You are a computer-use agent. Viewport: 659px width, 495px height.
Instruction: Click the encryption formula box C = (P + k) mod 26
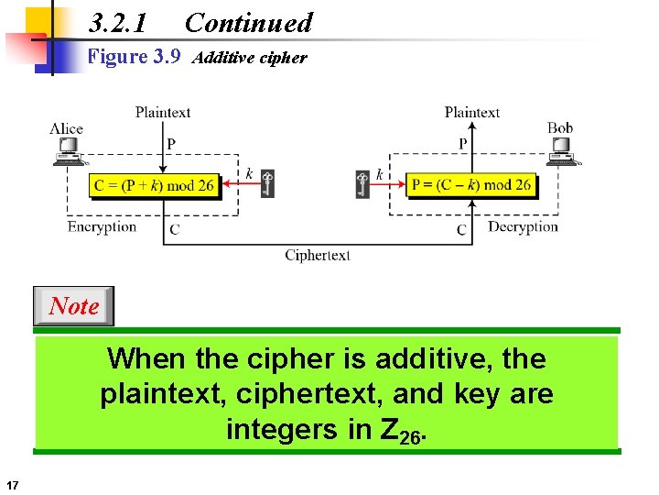[x=155, y=185]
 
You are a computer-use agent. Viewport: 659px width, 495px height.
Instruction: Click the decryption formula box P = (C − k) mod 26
[x=471, y=185]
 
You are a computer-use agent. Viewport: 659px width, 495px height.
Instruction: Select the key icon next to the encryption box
[x=266, y=183]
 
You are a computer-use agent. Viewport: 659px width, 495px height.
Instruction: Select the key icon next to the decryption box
[x=362, y=183]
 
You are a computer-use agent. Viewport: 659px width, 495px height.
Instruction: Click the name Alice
[x=66, y=129]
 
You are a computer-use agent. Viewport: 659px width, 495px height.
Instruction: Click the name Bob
[x=560, y=128]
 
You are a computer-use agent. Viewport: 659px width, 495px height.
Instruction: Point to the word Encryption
[x=102, y=226]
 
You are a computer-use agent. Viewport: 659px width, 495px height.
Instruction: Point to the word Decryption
[x=523, y=226]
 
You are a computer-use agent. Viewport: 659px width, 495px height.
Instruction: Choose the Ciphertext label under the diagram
[x=317, y=255]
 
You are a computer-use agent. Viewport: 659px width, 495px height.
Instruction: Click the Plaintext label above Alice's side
[x=163, y=113]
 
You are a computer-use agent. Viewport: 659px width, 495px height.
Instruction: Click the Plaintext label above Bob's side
[x=472, y=113]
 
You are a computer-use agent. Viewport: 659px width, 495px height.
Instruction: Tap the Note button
[x=73, y=306]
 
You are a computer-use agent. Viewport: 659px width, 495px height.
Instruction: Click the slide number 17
[x=12, y=484]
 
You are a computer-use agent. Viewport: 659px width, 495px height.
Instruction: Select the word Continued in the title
[x=248, y=23]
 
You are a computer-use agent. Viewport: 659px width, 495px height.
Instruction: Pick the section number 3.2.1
[x=118, y=23]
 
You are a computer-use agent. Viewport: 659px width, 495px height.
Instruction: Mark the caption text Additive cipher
[x=250, y=58]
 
